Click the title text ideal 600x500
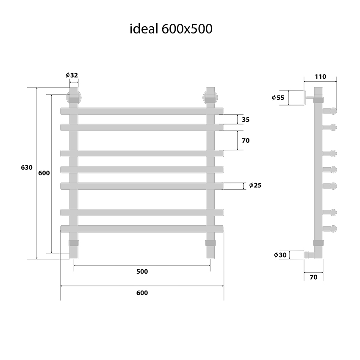(171, 29)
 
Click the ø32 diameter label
(72, 75)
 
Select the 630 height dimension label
(26, 168)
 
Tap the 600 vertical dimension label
(44, 173)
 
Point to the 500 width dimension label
(142, 271)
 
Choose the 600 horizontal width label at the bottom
(142, 293)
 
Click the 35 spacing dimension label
(246, 120)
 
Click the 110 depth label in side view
(320, 77)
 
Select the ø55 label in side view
(278, 98)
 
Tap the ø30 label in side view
(280, 255)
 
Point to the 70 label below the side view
(313, 277)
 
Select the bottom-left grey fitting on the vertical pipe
(74, 243)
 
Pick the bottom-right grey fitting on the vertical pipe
(210, 243)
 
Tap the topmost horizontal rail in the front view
(142, 111)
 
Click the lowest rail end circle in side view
(333, 229)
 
